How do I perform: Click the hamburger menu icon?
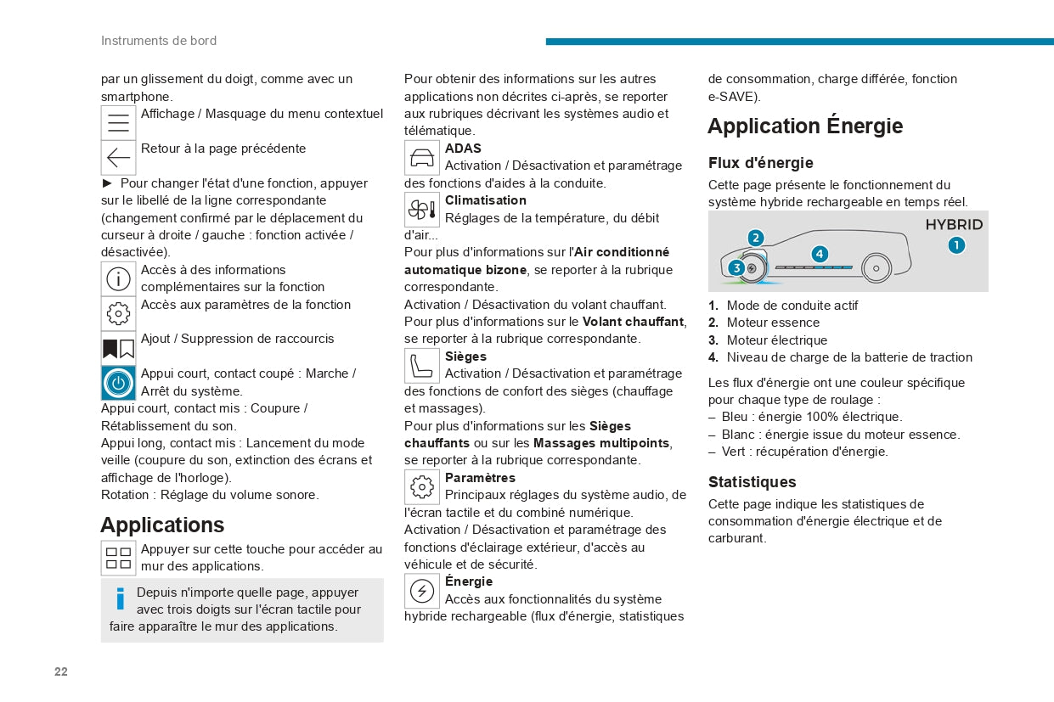pos(119,123)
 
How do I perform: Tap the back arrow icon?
pos(119,158)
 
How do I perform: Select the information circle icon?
pos(119,278)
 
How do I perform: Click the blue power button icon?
pos(119,384)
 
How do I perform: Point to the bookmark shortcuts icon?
pos(119,349)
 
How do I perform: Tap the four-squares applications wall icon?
pos(119,558)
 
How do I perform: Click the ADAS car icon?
pos(422,158)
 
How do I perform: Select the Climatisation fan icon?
pos(422,210)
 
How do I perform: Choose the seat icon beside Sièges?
pos(422,366)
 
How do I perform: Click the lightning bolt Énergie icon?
pos(422,591)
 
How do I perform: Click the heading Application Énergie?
pos(805,126)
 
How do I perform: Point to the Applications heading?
pos(162,525)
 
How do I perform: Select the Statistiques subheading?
pos(752,482)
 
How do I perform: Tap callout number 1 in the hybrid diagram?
pos(956,246)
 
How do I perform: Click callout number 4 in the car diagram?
pos(819,254)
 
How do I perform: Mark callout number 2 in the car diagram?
pos(756,238)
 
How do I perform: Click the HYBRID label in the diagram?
pos(954,225)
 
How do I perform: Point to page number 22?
pos(61,671)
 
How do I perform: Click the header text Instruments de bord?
pos(159,41)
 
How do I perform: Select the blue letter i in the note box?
pos(121,599)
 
